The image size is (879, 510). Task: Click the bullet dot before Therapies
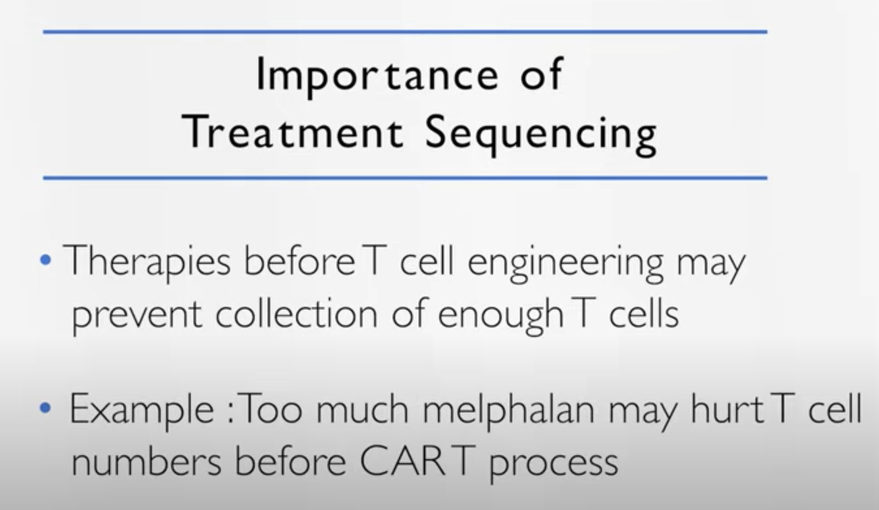(46, 260)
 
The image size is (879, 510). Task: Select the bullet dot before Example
(46, 408)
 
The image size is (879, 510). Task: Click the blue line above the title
(405, 32)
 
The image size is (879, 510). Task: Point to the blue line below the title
(405, 178)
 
